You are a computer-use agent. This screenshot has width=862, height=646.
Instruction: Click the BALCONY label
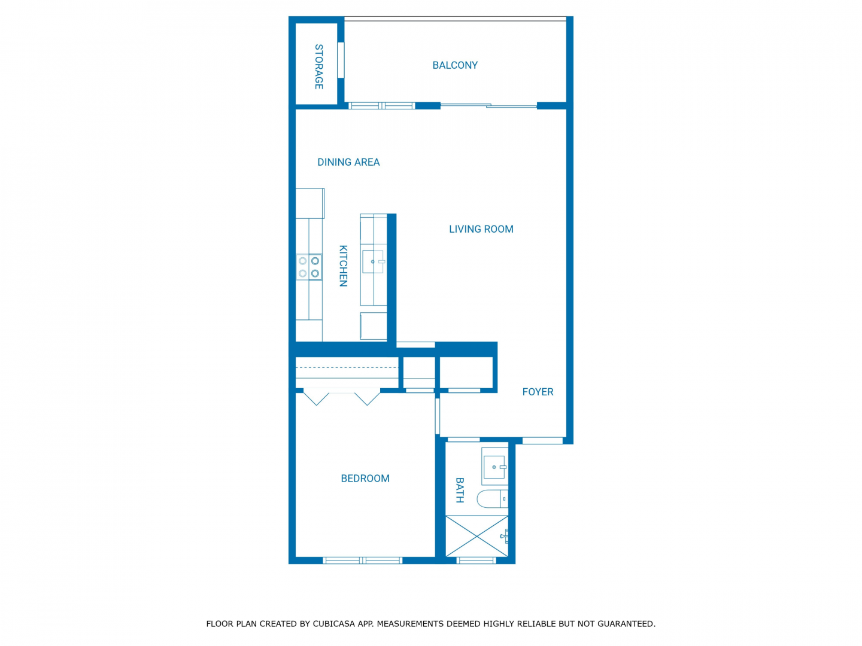point(455,65)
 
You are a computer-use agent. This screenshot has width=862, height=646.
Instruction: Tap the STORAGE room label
point(319,66)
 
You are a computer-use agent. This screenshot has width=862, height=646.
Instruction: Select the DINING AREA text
point(348,162)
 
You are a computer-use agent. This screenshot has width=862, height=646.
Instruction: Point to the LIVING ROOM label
point(481,229)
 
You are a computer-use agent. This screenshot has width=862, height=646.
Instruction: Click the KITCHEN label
point(343,266)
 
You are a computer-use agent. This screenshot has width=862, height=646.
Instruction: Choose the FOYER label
point(538,392)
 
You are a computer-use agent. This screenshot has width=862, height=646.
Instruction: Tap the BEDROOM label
point(365,479)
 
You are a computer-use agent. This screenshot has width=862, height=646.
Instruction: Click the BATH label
point(460,490)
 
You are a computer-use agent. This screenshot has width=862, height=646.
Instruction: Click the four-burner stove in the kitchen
point(309,267)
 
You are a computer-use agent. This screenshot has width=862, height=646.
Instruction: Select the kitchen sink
point(373,261)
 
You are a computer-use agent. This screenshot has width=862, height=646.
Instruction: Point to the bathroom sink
point(494,467)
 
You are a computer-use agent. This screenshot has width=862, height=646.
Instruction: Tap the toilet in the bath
point(493,499)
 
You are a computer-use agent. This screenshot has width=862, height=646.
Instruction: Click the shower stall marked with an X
point(476,536)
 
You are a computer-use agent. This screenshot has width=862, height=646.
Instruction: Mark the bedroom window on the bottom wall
point(363,560)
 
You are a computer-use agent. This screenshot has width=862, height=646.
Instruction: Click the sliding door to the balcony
point(488,105)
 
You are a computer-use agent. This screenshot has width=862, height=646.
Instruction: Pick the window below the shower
point(476,560)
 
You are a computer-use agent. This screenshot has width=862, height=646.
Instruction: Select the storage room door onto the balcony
point(341,60)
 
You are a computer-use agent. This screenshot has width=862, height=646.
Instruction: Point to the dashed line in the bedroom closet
point(347,367)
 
